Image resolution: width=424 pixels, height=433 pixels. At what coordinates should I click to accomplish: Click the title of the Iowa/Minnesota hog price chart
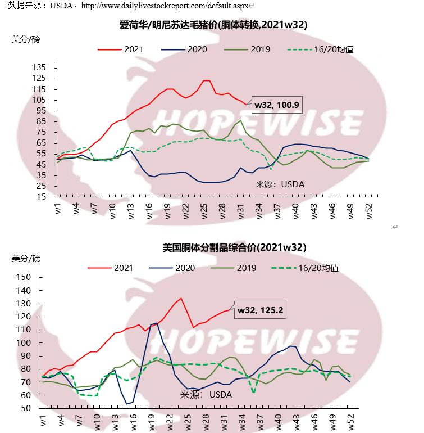(213, 25)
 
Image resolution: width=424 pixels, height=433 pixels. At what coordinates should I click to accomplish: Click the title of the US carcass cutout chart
(234, 247)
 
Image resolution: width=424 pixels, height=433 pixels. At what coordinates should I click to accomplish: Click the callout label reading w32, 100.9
(276, 104)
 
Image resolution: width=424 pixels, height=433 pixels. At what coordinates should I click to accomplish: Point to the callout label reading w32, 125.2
(259, 309)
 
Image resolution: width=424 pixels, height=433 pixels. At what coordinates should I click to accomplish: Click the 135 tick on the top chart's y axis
(39, 67)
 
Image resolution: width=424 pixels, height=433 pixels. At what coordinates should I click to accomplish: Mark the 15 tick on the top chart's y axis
(42, 197)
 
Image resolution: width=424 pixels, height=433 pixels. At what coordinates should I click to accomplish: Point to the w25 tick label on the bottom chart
(188, 421)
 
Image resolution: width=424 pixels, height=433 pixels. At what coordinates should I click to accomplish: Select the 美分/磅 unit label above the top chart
(26, 39)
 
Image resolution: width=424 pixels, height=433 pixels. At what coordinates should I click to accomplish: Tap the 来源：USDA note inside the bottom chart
(206, 395)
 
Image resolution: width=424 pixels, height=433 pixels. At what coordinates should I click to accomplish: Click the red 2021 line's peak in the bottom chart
(181, 298)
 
